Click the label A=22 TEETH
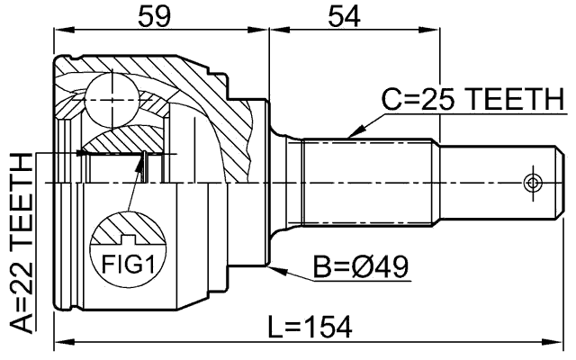click(21, 240)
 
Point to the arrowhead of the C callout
click(349, 136)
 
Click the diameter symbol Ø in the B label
click(368, 266)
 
